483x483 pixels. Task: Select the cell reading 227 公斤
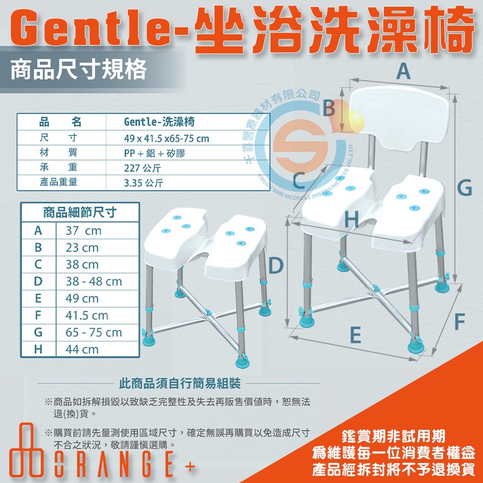[x=143, y=168]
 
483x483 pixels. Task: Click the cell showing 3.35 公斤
[x=144, y=182]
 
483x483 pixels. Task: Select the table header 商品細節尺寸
[x=80, y=212]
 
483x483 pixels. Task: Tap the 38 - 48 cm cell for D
[x=94, y=282]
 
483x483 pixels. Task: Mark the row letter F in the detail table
[x=38, y=316]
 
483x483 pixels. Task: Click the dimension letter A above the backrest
[x=403, y=72]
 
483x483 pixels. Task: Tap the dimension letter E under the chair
[x=356, y=336]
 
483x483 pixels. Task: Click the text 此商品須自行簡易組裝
[x=179, y=383]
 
